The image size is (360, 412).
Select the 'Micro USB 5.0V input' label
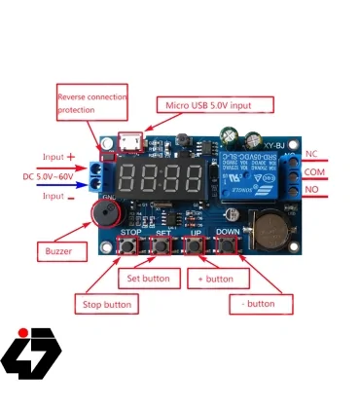215,104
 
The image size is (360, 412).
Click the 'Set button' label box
149,279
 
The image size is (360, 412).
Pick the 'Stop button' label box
106,304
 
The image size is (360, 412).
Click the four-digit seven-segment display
170,177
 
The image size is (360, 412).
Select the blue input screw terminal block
96,177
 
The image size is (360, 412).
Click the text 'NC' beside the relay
311,154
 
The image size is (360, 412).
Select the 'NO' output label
311,191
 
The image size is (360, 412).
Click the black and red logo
30,351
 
